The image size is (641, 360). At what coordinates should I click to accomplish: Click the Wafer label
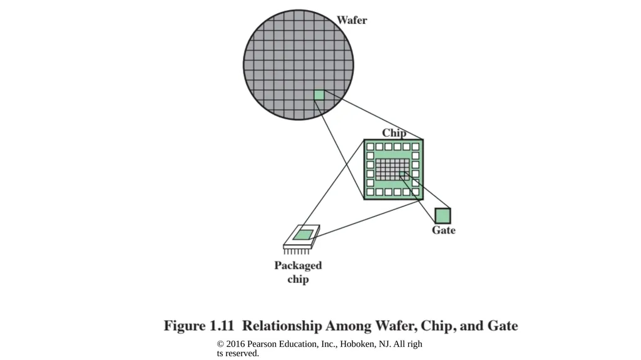click(x=352, y=20)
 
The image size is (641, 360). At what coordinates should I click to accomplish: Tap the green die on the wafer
click(x=319, y=95)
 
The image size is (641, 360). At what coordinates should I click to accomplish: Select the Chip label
click(x=394, y=133)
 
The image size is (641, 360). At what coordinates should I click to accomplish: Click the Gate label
click(x=444, y=230)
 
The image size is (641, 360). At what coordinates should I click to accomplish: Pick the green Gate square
click(x=443, y=215)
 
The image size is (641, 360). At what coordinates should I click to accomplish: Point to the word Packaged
click(x=298, y=266)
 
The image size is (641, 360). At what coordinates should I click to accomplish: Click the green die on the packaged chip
click(x=304, y=235)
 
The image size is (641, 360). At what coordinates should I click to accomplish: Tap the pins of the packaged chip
click(x=297, y=251)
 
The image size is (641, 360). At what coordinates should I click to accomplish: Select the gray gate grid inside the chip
click(x=392, y=170)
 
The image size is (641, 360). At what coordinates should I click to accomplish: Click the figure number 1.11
click(x=222, y=326)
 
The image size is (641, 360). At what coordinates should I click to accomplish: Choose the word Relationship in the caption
click(x=282, y=326)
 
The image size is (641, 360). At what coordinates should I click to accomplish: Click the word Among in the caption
click(x=348, y=326)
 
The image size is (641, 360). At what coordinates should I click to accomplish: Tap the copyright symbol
click(x=220, y=344)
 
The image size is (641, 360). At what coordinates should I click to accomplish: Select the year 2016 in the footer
click(x=235, y=344)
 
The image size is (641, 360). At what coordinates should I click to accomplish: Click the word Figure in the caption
click(x=185, y=326)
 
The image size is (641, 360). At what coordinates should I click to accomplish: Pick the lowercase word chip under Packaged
click(x=298, y=280)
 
